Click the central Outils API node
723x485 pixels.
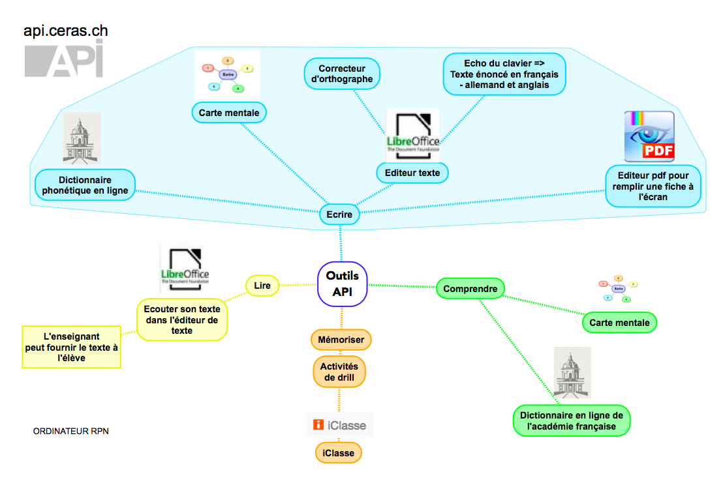[343, 284]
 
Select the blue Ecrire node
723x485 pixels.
[339, 214]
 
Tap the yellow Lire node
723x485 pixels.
[262, 285]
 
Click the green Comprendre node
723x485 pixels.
[470, 288]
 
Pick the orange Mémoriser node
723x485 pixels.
[341, 340]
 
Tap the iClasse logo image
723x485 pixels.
[340, 425]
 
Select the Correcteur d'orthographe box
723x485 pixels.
[342, 74]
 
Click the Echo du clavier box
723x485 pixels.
[504, 74]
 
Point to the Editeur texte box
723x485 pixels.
[412, 173]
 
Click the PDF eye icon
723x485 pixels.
[649, 136]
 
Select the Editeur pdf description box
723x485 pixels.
[653, 186]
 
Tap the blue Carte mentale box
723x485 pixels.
[229, 113]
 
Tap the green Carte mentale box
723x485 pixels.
[619, 322]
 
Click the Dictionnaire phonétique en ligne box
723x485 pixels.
[85, 185]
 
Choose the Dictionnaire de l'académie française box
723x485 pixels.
[572, 420]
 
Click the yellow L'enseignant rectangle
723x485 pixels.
[72, 347]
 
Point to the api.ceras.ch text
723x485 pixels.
[65, 31]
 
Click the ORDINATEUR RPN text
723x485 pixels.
[71, 431]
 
